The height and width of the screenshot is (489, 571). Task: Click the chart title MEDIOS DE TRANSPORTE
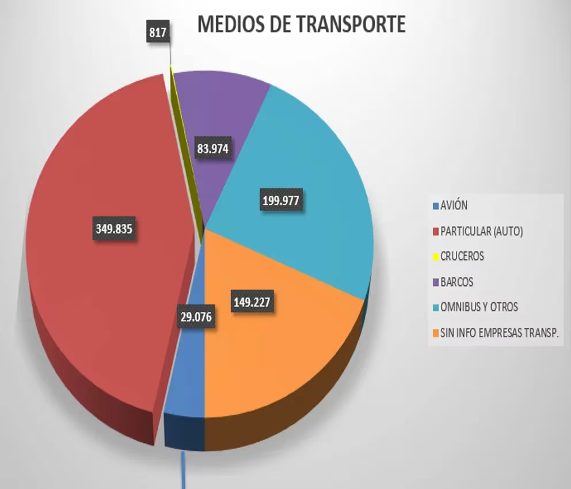coord(301,25)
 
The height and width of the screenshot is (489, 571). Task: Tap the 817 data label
coord(157,33)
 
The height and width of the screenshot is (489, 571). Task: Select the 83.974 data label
coord(212,149)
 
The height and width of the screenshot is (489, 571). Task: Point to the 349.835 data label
coord(114,229)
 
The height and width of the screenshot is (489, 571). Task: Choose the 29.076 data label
coord(196,317)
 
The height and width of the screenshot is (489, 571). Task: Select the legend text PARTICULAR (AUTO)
coord(481,231)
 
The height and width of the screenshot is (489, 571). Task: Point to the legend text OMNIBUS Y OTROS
coord(479,307)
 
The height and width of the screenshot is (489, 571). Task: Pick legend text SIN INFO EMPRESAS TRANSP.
coord(500,333)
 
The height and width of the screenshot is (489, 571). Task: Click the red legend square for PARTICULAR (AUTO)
coord(435,232)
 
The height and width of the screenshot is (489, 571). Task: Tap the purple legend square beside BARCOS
coord(435,282)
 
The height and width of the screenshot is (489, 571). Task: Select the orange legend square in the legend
coord(435,333)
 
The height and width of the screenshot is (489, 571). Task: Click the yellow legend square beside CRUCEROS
coord(435,257)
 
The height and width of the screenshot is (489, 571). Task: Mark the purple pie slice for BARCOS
coord(230,109)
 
